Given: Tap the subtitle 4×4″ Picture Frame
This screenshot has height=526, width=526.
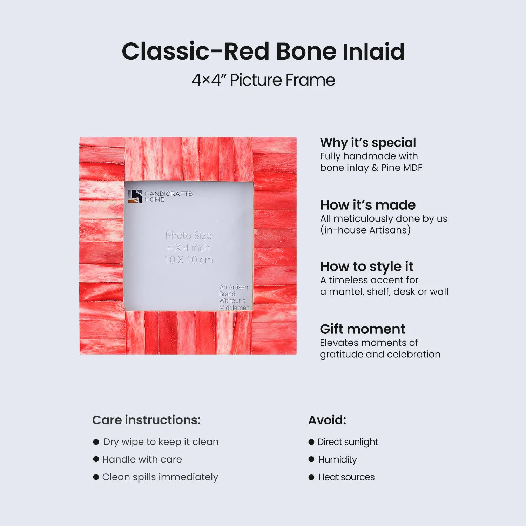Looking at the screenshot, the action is (x=263, y=80).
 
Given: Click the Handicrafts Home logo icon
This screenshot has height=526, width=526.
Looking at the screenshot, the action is (x=135, y=196).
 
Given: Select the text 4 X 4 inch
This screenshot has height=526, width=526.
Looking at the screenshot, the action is (x=188, y=248).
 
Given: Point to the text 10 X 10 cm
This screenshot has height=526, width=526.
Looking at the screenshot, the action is (x=189, y=260).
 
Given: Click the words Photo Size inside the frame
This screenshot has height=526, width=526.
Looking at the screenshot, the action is (x=188, y=235).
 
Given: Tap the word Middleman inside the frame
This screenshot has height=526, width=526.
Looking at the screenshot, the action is (x=234, y=308).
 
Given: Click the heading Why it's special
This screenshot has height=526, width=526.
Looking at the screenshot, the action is (x=368, y=143).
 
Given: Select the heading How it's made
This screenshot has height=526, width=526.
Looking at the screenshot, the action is (x=368, y=205).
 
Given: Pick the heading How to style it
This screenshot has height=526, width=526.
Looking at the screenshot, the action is (x=367, y=267).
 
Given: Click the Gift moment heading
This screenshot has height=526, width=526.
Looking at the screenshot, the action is (x=363, y=329).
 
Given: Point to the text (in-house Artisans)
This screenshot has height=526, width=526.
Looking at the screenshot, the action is (x=365, y=230).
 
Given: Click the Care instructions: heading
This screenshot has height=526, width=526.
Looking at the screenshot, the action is (x=146, y=420).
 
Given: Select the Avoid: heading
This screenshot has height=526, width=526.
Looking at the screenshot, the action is (x=327, y=420).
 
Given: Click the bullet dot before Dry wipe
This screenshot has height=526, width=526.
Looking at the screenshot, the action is (x=96, y=442).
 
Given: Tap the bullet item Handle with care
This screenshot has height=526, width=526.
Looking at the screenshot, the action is (x=137, y=459).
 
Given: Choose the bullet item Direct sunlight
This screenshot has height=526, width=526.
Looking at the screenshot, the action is (x=343, y=442).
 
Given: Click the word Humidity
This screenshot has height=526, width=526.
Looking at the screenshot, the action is (x=337, y=460).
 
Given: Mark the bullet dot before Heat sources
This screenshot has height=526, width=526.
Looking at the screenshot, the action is (x=311, y=477).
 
